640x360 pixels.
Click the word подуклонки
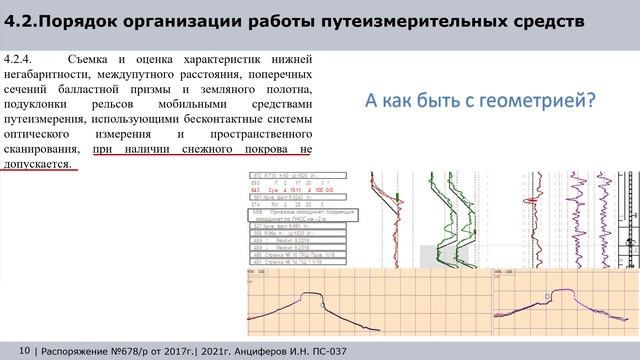point(38,104)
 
